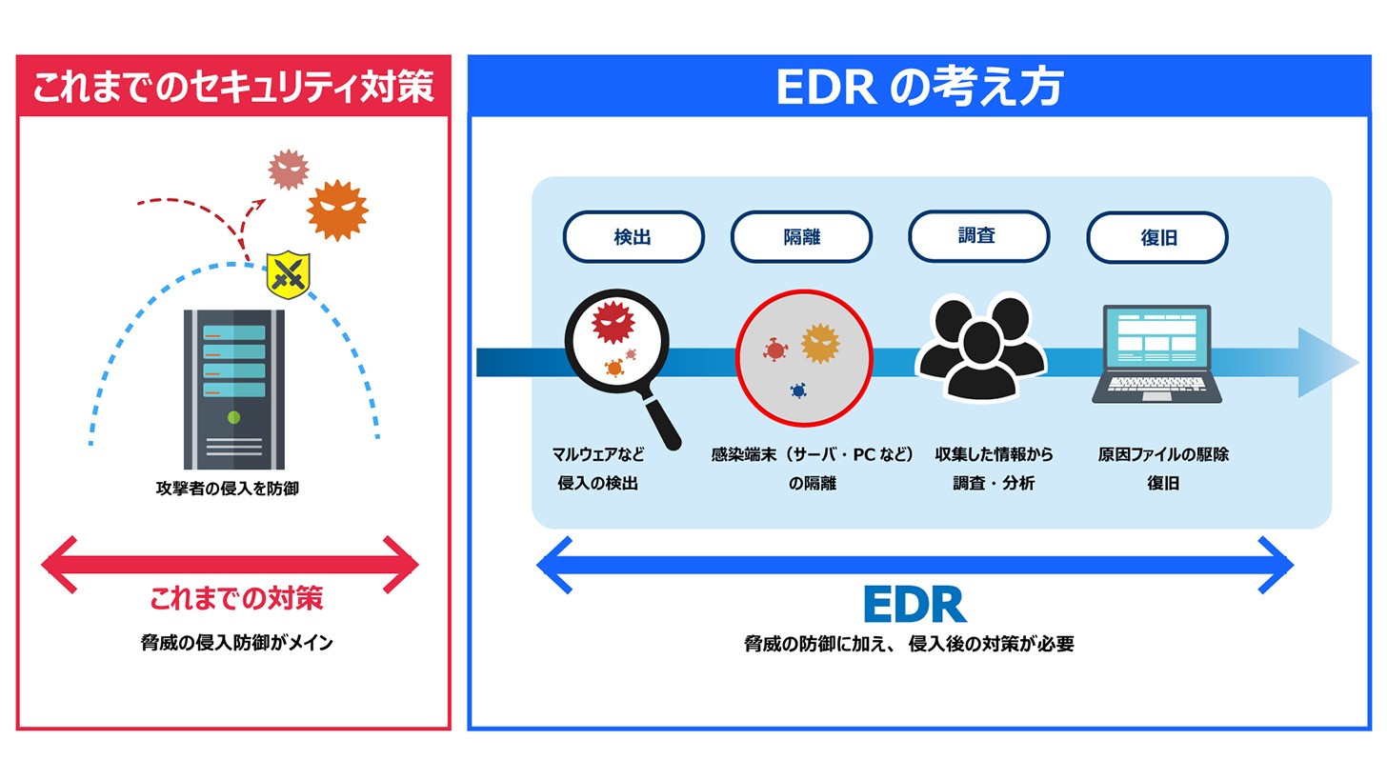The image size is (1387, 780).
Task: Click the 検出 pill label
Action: pos(633,237)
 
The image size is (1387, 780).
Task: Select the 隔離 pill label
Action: pos(801,237)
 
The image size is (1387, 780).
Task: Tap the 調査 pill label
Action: pos(978,235)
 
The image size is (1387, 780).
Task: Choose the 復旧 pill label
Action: pos(1157,237)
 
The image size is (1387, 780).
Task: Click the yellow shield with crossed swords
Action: pos(289,275)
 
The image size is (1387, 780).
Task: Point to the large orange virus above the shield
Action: pos(337,209)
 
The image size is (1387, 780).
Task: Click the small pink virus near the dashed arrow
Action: pos(288,170)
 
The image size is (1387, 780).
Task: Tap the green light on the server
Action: pos(233,417)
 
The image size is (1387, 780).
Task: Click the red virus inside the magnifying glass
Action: pos(613,324)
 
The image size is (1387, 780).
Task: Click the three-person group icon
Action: pos(980,348)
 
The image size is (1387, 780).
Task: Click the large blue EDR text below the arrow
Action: pos(915,605)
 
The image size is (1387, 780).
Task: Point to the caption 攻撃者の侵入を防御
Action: pos(233,490)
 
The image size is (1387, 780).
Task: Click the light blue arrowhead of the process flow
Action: pos(1329,362)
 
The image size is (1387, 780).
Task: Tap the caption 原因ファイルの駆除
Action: pos(1163,454)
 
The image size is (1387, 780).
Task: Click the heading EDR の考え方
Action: pos(919,89)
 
